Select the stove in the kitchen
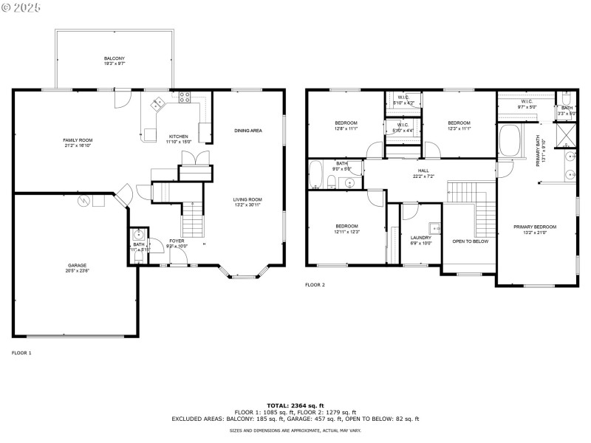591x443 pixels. click(183, 96)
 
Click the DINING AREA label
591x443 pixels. click(248, 131)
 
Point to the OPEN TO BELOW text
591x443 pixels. click(470, 241)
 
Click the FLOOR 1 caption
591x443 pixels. click(21, 353)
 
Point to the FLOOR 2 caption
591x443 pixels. click(315, 284)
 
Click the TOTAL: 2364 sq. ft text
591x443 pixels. click(295, 405)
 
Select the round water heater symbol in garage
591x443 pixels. click(85, 199)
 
